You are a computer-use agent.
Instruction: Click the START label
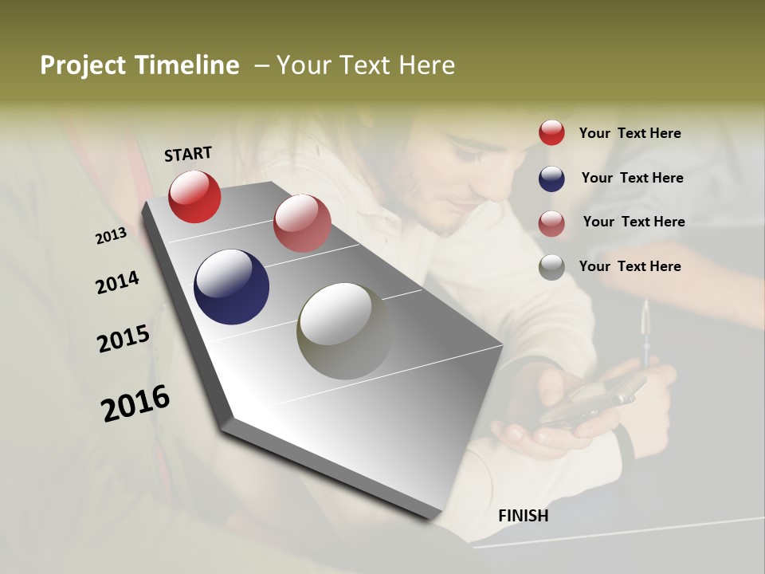tap(188, 154)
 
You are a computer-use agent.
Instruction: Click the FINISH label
tap(523, 516)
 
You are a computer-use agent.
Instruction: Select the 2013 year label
tap(111, 236)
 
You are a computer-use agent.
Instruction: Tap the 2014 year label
tap(117, 282)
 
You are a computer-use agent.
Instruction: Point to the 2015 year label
tap(124, 338)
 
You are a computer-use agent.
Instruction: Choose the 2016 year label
tap(135, 403)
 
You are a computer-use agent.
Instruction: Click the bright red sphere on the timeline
tap(194, 196)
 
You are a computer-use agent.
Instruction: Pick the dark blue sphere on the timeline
tap(231, 287)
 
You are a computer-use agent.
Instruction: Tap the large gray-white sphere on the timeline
tap(345, 331)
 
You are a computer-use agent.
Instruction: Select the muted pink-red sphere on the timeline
tap(302, 223)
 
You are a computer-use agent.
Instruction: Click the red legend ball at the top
tap(551, 133)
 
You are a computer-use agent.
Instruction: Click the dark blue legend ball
tap(551, 179)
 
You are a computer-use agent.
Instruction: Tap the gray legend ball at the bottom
tap(551, 267)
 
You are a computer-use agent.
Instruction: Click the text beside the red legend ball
tap(630, 133)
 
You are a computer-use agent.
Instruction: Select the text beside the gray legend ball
tap(630, 266)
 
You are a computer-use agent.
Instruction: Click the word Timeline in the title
tap(187, 65)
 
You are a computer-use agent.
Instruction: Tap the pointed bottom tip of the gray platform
tap(434, 518)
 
